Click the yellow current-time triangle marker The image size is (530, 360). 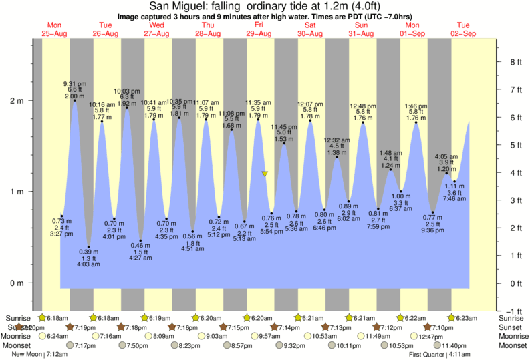pos(265,174)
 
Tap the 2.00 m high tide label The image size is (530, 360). pos(74,96)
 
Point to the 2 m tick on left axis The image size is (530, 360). pos(16,101)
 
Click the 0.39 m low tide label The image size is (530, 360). pos(88,252)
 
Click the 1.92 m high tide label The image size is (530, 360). pos(127,104)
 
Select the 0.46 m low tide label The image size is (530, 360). pos(140,246)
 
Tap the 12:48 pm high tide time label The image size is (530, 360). pos(363,106)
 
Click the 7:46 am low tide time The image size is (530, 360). pos(454,200)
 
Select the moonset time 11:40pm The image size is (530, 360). pos(454,346)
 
